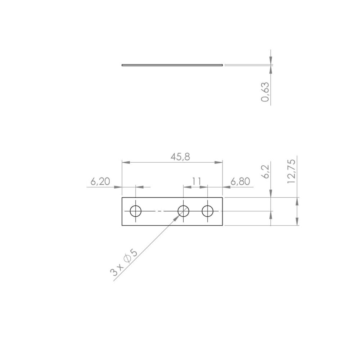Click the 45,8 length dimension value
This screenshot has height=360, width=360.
pyautogui.click(x=180, y=157)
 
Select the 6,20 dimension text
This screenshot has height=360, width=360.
pyautogui.click(x=100, y=181)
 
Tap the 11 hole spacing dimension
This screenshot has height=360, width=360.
pyautogui.click(x=197, y=181)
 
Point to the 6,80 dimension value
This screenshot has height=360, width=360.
pyautogui.click(x=240, y=181)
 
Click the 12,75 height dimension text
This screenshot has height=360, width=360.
pyautogui.click(x=291, y=171)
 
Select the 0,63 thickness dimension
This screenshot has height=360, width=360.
pyautogui.click(x=265, y=92)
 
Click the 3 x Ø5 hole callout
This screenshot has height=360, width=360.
pyautogui.click(x=124, y=263)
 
